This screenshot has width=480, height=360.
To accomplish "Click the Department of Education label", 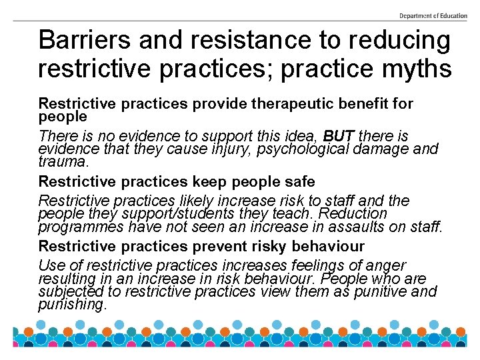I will [433, 15].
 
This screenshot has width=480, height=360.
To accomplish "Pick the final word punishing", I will [72, 304].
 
